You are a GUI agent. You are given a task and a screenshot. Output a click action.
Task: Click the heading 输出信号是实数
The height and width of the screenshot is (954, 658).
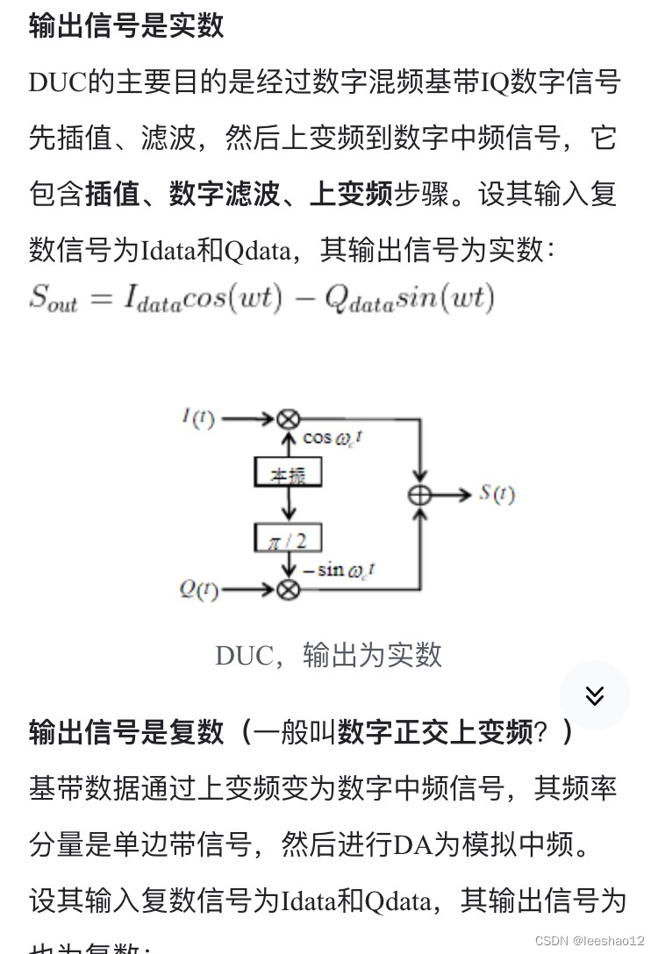pos(126,25)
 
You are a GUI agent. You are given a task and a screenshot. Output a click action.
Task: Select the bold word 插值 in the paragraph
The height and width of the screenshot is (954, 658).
pos(111,194)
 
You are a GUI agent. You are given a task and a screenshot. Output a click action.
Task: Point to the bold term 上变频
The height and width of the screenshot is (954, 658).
pos(350,194)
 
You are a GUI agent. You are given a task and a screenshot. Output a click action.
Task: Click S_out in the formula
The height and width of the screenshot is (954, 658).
pos(53,299)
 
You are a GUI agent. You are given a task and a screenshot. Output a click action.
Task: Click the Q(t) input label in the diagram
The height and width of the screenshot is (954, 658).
pos(199,589)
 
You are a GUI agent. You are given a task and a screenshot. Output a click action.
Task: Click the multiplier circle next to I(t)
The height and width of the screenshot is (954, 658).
pos(288,419)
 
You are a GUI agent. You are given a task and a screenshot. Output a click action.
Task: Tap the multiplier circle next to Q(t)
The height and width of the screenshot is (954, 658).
pos(288,589)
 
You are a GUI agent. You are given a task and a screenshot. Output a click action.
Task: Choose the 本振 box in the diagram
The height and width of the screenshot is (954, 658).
pos(288,473)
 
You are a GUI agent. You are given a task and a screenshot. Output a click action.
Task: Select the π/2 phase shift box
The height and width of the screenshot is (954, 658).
pos(288,538)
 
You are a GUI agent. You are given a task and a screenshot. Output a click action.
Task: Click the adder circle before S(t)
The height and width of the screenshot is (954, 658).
pos(421,495)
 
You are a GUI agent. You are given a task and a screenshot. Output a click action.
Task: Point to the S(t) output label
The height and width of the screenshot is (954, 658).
pos(497,494)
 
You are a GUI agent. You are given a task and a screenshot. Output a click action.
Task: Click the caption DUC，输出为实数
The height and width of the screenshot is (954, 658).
pos(328,655)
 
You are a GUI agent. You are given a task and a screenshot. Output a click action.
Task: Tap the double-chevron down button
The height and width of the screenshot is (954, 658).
pos(595,695)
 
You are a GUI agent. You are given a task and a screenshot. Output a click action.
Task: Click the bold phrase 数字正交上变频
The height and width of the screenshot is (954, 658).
pos(435,731)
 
